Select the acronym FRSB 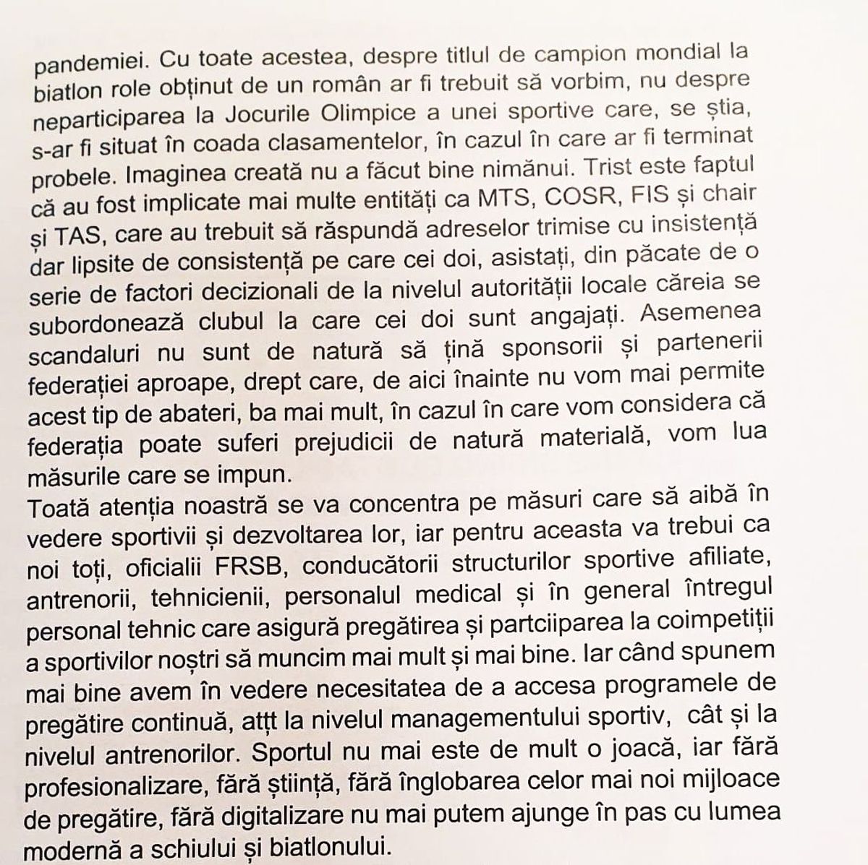click(x=250, y=567)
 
